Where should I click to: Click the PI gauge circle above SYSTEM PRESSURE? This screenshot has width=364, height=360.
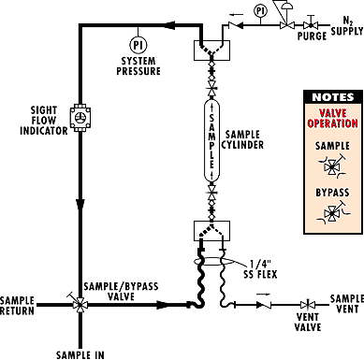coord(138,43)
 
